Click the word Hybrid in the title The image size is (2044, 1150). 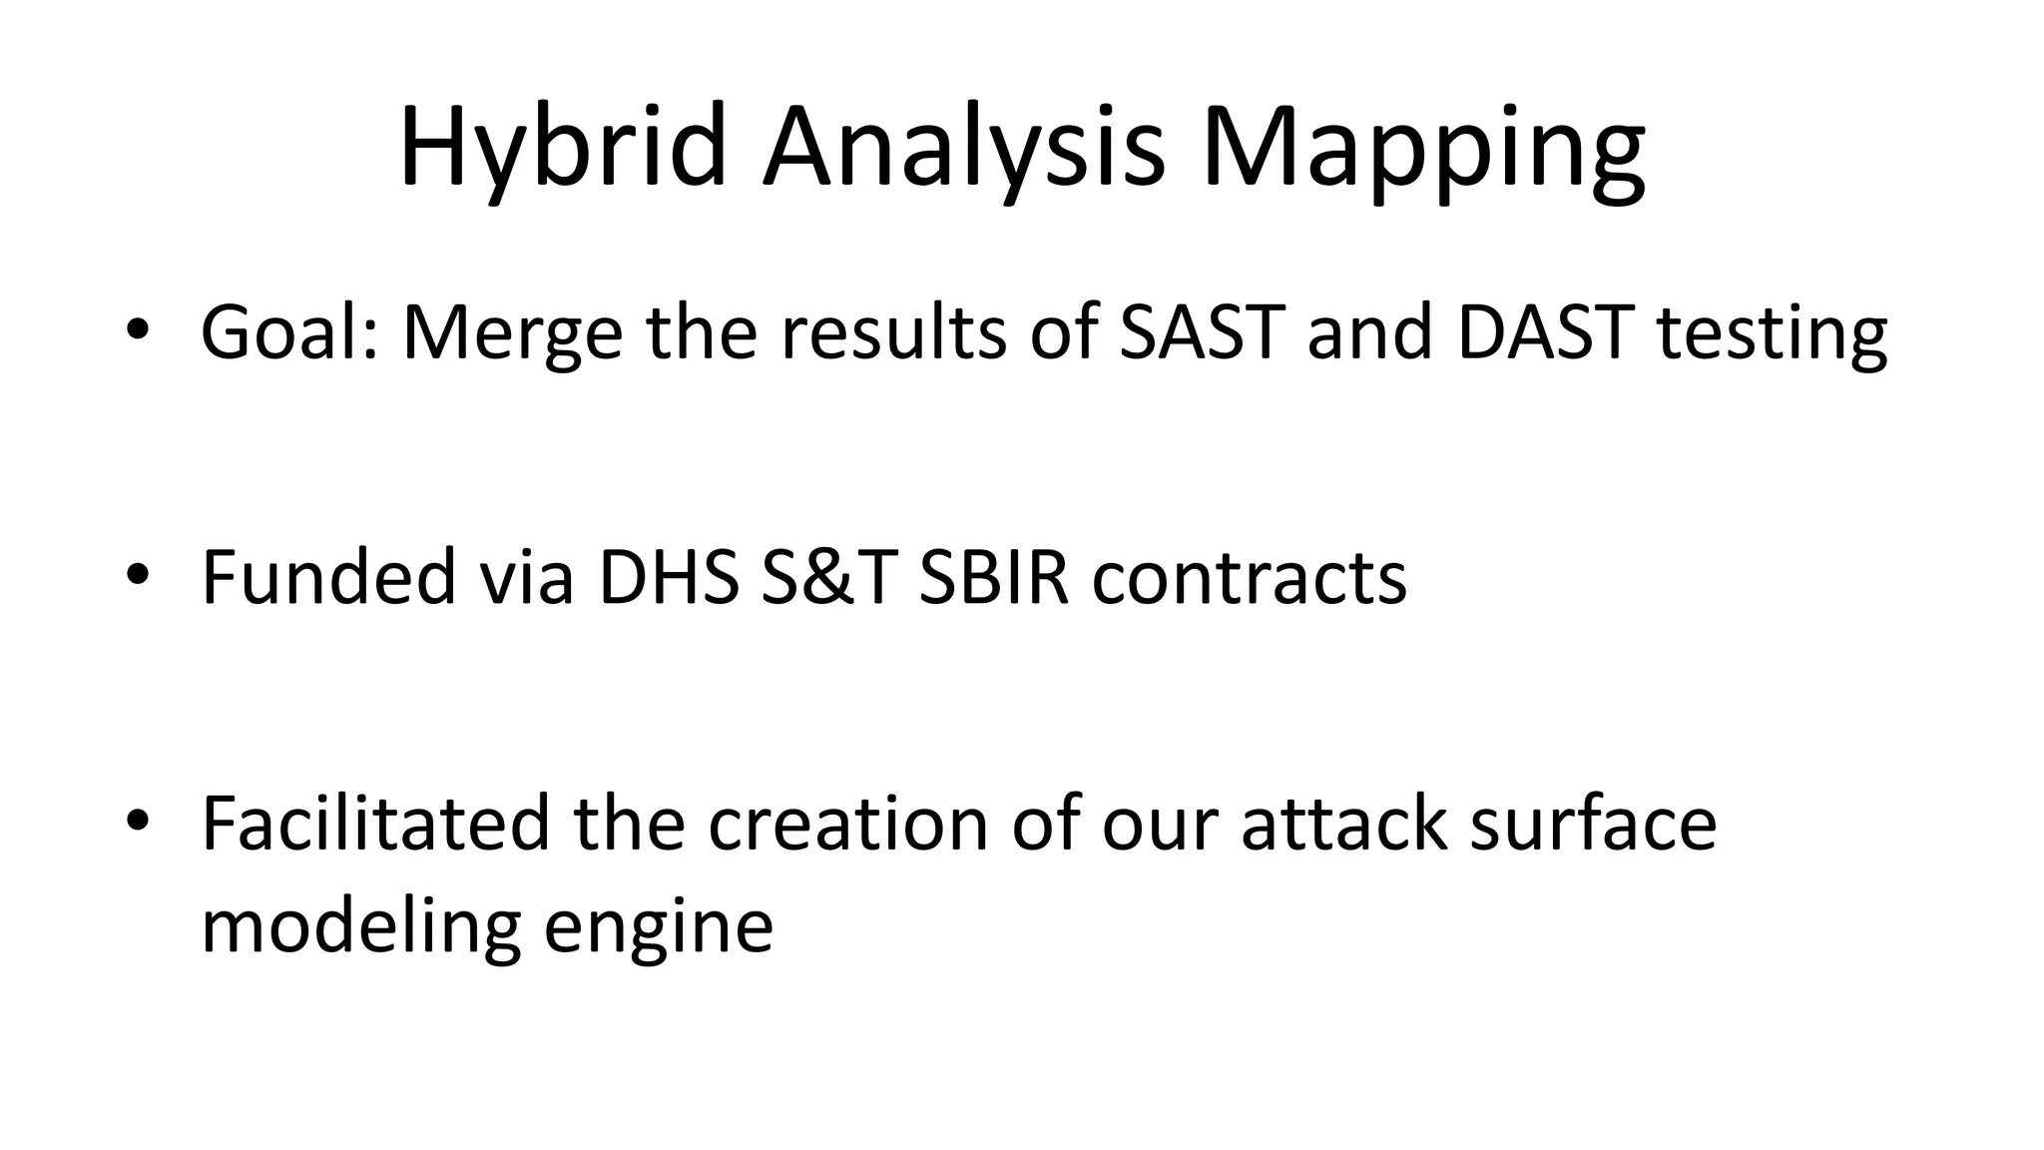pyautogui.click(x=562, y=148)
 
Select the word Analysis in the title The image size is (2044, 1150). pyautogui.click(x=963, y=148)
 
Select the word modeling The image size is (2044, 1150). pyautogui.click(x=361, y=926)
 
